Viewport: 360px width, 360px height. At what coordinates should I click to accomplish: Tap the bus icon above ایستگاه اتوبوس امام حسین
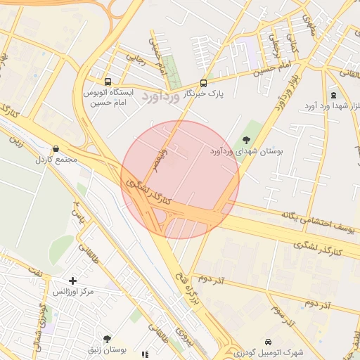[108, 81]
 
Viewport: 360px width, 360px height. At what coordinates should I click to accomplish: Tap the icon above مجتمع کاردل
[56, 149]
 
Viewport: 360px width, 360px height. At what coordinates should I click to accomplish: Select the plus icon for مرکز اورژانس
[72, 281]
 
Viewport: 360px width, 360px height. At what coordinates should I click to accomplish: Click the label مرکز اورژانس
[72, 291]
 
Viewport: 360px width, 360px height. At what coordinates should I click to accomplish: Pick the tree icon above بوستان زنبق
[107, 338]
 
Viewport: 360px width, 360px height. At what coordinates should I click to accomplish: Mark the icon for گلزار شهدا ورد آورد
[333, 95]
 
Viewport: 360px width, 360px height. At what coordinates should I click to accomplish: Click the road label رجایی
[134, 54]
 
